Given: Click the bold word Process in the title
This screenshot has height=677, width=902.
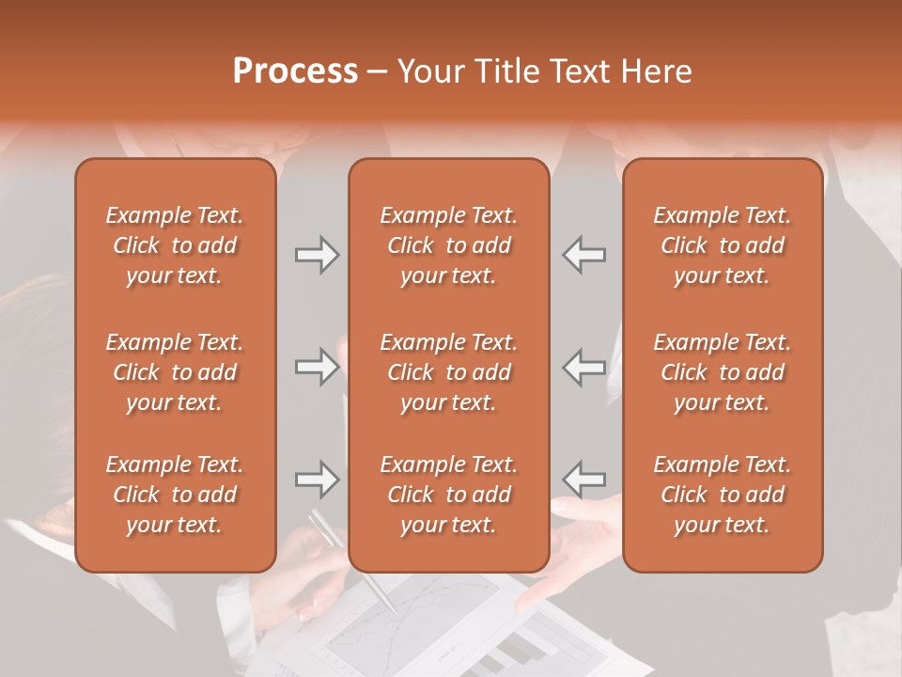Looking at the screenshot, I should coord(295,71).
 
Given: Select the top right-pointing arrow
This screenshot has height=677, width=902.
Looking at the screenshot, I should coord(317,255).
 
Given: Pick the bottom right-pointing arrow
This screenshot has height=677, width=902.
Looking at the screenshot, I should coord(317,480).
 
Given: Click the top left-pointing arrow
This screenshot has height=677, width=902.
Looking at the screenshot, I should coord(584,255).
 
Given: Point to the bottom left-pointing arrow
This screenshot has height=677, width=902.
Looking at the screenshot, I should coord(584,480).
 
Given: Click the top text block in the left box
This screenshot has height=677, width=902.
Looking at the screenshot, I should coord(175,245).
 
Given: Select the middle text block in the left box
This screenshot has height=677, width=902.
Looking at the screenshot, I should coord(175,372).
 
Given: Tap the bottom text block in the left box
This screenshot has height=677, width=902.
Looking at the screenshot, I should coord(175,495).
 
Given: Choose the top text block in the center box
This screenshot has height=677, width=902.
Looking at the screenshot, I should coord(448,245).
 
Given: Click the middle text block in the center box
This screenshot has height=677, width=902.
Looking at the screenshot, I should coord(448,372).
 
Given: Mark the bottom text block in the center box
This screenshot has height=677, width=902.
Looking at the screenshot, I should coord(448,495).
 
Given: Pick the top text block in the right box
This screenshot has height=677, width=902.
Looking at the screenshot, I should coord(722,245).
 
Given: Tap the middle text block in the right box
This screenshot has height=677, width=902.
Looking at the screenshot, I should coord(722,372).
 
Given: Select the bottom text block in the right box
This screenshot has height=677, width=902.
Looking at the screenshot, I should coord(722,495).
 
